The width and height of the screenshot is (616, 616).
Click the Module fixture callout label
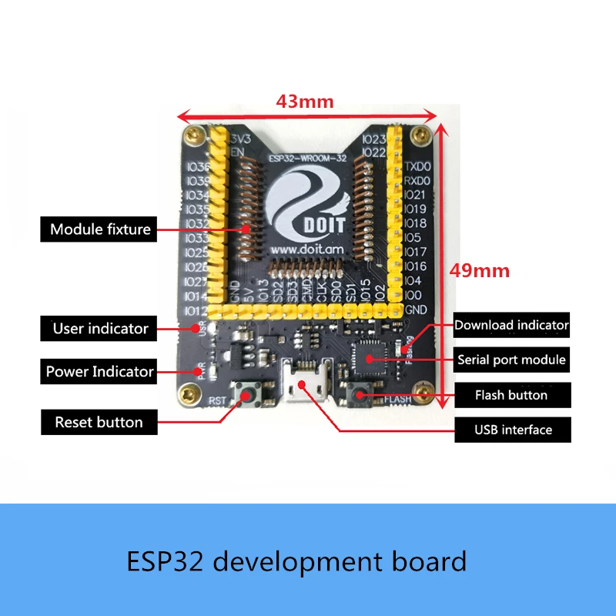pyautogui.click(x=100, y=229)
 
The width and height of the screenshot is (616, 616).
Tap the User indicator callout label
pyautogui.click(x=100, y=329)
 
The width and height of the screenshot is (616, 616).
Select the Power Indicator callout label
pyautogui.click(x=100, y=372)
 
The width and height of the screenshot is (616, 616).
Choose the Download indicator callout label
pyautogui.click(x=511, y=325)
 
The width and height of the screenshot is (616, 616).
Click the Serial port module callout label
pyautogui.click(x=511, y=360)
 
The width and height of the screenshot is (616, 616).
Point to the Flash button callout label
pyautogui.click(x=511, y=395)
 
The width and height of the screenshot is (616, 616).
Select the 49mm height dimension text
pyautogui.click(x=480, y=271)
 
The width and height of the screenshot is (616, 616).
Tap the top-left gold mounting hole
pyautogui.click(x=194, y=137)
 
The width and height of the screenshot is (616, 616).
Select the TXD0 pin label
pyautogui.click(x=417, y=166)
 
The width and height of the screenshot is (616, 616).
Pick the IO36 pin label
pyautogui.click(x=198, y=167)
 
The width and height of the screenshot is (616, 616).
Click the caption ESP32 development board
pyautogui.click(x=296, y=561)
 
